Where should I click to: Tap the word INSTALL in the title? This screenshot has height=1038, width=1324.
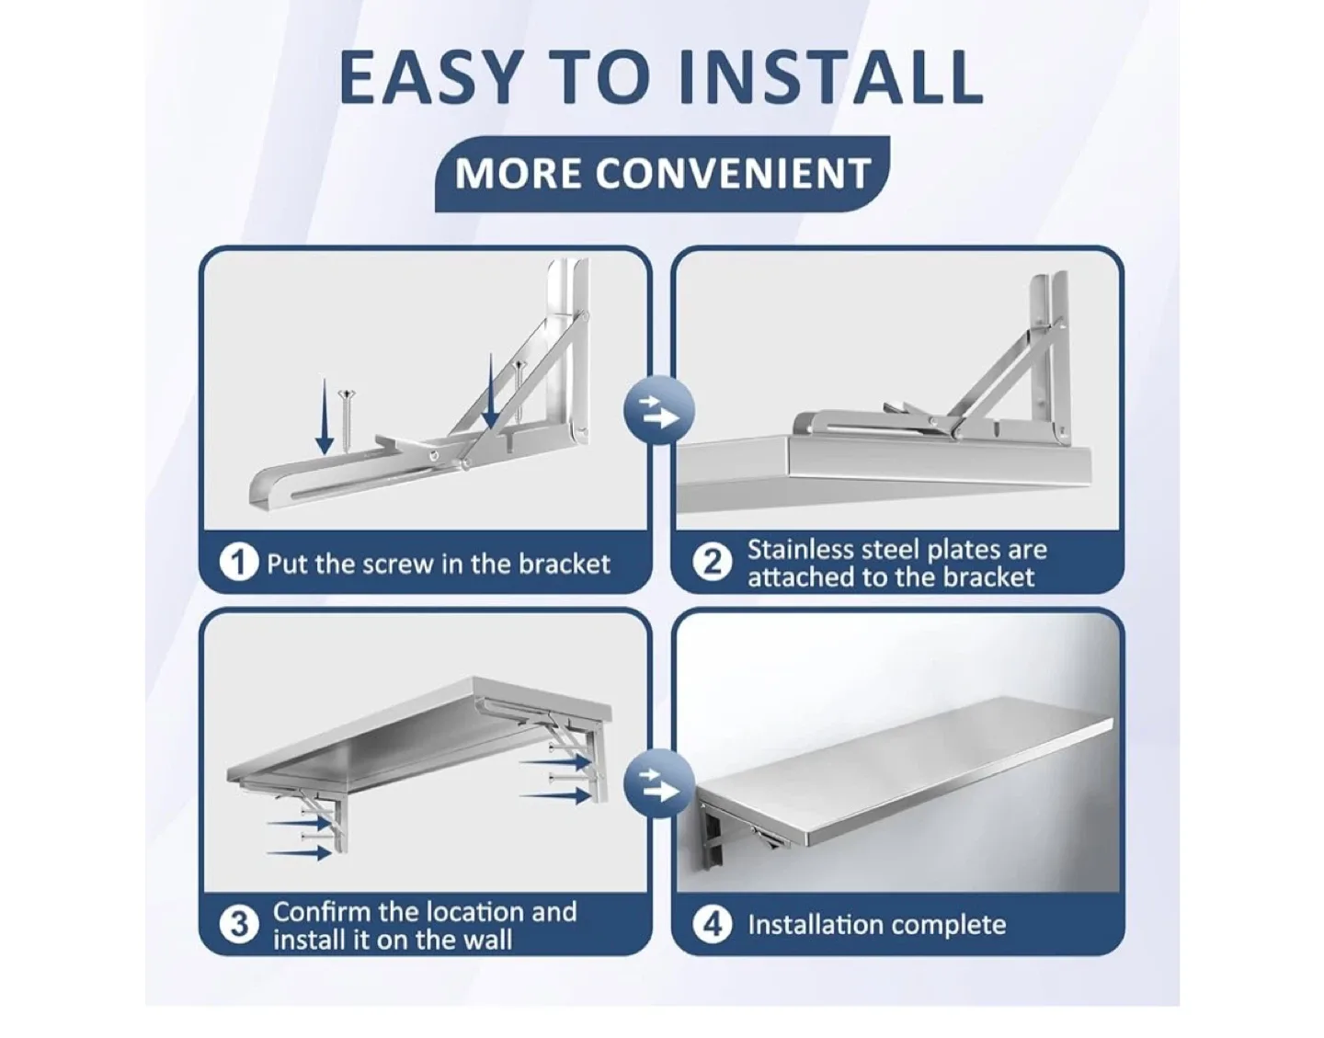(x=806, y=77)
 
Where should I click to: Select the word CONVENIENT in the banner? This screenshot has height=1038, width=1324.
(x=733, y=174)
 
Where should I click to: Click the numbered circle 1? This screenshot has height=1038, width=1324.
(x=238, y=563)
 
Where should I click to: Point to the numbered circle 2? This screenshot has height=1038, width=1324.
(x=711, y=563)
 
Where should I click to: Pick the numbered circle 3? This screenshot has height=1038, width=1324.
(x=238, y=924)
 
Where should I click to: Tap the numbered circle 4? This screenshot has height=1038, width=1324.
(x=711, y=924)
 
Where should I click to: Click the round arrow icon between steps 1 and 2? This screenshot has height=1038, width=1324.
(x=658, y=411)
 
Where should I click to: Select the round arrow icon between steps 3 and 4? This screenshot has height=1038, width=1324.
(x=658, y=784)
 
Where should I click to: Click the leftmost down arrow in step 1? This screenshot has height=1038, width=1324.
(x=325, y=416)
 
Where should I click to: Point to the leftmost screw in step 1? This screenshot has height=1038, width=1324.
(x=348, y=420)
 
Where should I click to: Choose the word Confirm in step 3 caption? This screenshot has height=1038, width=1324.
(x=321, y=911)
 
